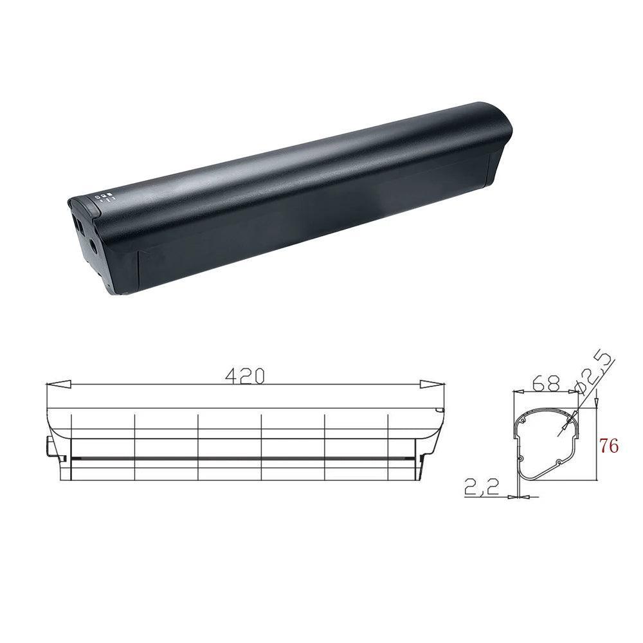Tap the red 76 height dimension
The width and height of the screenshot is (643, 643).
(609, 445)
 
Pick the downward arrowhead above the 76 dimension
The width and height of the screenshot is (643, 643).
(597, 403)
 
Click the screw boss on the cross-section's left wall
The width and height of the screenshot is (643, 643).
(521, 458)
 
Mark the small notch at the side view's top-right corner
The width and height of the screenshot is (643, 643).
(440, 411)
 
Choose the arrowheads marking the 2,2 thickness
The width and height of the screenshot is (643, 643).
(518, 496)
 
